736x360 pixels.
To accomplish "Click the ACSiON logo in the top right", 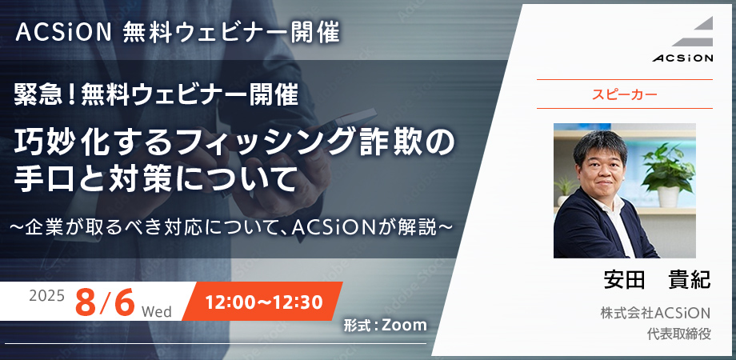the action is [x=682, y=39].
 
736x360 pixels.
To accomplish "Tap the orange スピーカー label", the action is [x=624, y=94].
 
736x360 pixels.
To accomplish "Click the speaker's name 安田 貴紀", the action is [x=657, y=280].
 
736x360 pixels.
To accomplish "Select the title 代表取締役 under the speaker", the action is [x=678, y=334].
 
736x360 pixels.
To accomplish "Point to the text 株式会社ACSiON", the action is [x=656, y=313].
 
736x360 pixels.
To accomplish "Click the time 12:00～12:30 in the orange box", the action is [x=264, y=302].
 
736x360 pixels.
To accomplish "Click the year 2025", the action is [x=46, y=296].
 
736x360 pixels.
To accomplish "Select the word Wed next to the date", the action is [x=156, y=311].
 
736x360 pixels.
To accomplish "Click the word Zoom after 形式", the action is [x=405, y=325].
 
